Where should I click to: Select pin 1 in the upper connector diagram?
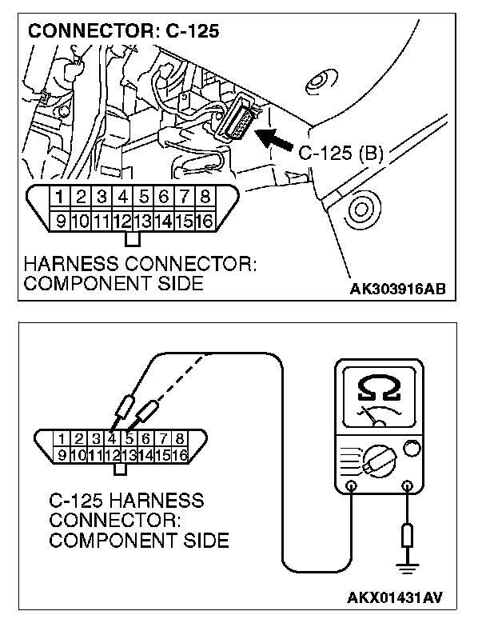coord(59,196)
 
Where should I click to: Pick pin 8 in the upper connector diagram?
coord(205,196)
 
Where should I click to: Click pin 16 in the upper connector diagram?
coord(205,218)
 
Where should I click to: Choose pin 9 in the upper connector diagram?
coord(59,218)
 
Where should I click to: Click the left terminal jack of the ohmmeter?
coord(352,486)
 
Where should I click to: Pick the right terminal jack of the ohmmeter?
coord(408,486)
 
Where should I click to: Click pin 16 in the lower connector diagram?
coord(179,455)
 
